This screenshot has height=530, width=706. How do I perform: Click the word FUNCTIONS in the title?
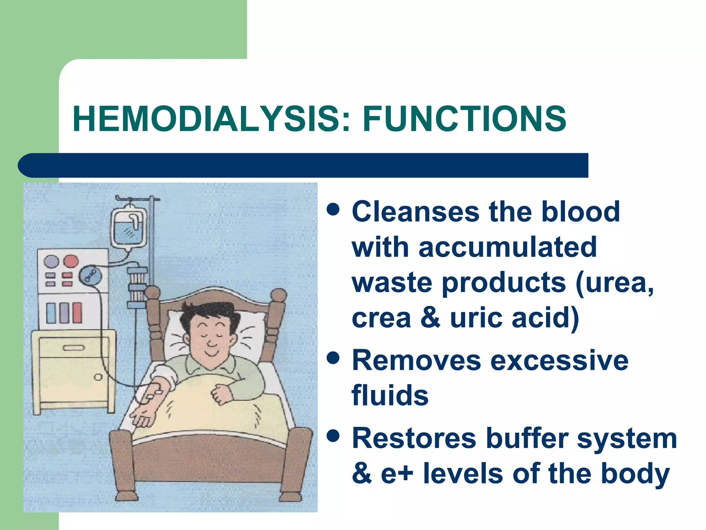464,119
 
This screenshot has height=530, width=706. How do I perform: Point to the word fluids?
390,396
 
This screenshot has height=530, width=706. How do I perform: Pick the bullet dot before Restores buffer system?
333,436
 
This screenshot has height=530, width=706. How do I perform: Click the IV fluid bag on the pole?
129,228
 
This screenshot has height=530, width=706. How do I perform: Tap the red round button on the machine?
71,261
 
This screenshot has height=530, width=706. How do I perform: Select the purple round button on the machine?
51,262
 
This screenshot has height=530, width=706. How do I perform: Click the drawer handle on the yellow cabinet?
73,348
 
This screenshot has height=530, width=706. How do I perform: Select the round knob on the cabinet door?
98,377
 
